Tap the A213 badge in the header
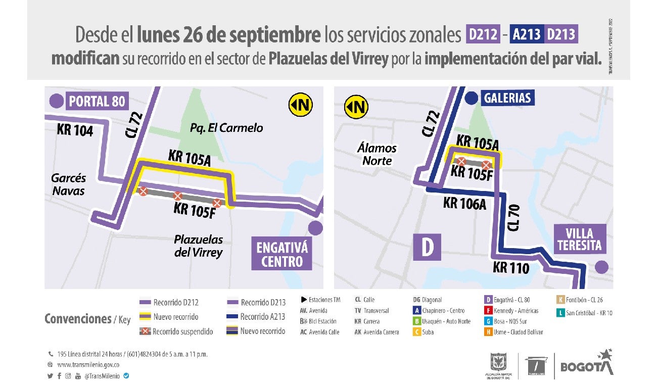pyautogui.click(x=527, y=34)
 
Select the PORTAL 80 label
pyautogui.click(x=97, y=101)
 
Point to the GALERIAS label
pyautogui.click(x=507, y=98)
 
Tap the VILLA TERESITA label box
pyautogui.click(x=579, y=239)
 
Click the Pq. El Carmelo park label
pyautogui.click(x=226, y=128)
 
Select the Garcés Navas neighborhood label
pyautogui.click(x=69, y=184)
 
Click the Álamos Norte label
pyautogui.click(x=377, y=154)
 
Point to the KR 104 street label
pyautogui.click(x=75, y=130)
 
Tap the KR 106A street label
pyautogui.click(x=464, y=203)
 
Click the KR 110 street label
pyautogui.click(x=510, y=267)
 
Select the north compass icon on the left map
pyautogui.click(x=301, y=105)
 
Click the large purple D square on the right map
pyautogui.click(x=427, y=247)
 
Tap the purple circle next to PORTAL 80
pyautogui.click(x=56, y=101)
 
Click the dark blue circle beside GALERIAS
pyautogui.click(x=472, y=98)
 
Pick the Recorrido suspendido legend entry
pyautogui.click(x=176, y=332)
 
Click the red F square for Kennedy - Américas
pyautogui.click(x=488, y=311)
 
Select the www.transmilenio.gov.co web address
pyautogui.click(x=88, y=365)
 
